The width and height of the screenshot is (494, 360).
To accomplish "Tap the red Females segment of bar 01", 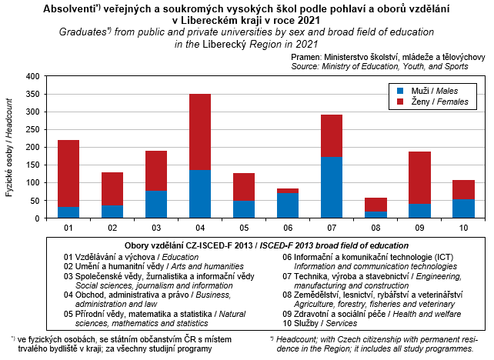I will click(x=68, y=173).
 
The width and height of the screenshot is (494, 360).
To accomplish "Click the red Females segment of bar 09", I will click(x=419, y=178).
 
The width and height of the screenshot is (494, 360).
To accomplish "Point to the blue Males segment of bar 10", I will click(x=463, y=208).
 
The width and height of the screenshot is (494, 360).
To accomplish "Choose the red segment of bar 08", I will click(x=376, y=205).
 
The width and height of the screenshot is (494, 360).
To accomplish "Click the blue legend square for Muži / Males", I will click(x=398, y=91).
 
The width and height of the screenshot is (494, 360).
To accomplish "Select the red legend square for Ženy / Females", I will click(x=398, y=102).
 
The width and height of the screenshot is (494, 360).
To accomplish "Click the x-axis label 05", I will click(x=244, y=228).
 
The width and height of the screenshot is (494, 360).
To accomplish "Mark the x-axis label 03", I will click(x=156, y=228).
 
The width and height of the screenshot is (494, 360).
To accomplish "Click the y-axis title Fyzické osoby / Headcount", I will click(x=10, y=148).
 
